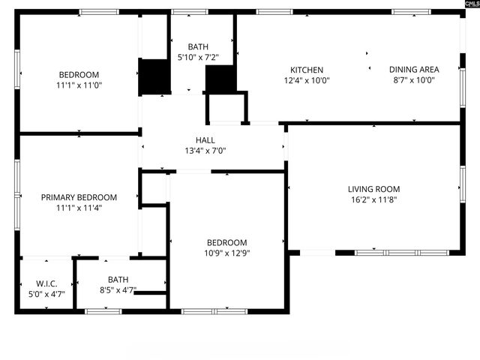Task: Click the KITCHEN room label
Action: pos(306,70)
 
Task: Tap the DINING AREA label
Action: pos(414,70)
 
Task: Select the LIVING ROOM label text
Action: pos(373,190)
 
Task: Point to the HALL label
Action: pos(205,140)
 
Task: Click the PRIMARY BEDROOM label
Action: pos(79,197)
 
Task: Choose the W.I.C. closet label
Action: pos(47,283)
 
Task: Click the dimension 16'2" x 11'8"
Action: pos(373,200)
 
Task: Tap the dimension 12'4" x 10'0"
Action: pos(306,80)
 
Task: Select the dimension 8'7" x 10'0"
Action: pos(414,80)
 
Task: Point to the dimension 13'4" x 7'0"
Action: pos(205,151)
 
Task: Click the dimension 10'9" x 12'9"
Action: pos(227,253)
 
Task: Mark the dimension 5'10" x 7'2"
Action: pos(198,57)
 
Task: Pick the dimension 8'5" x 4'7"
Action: pos(118,290)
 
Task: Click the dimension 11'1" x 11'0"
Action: pos(79,85)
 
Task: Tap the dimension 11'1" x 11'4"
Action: pos(79,208)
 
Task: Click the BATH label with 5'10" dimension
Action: pos(198,46)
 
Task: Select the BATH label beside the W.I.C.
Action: pos(118,280)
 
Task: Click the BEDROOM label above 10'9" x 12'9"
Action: pos(227,242)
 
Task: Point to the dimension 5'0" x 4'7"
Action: pos(47,294)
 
